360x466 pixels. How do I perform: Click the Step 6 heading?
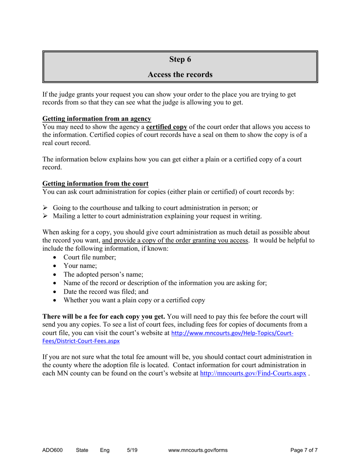pos(180,59)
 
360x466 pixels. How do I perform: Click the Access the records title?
pos(180,75)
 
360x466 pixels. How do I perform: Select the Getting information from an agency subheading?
pos(97,119)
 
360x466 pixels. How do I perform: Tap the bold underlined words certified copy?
pos(166,127)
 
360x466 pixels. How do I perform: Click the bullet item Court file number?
pos(90,257)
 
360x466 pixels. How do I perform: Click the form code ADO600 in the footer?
pos(52,450)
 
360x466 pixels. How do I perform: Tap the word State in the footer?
pos(82,450)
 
